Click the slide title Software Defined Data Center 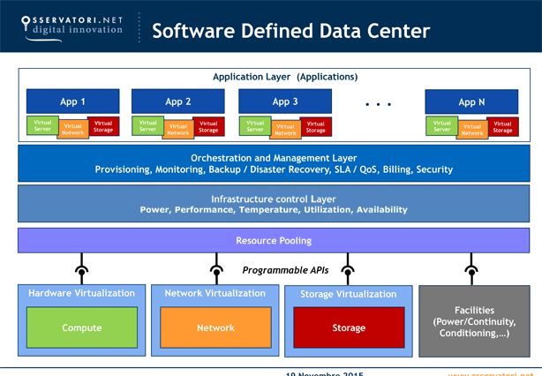coord(291,31)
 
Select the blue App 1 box coord(72,102)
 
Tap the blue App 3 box coord(285,102)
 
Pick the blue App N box coord(471,102)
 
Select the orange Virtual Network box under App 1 coord(72,129)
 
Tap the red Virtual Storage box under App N coord(502,126)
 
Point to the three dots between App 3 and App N coord(378,104)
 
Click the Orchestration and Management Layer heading coord(273,157)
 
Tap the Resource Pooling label coord(273,240)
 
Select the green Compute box coord(81,327)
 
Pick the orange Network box coord(215,327)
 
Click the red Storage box coord(349,327)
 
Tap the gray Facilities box coord(474,321)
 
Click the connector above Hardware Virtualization coord(81,269)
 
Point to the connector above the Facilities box coord(473,269)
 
